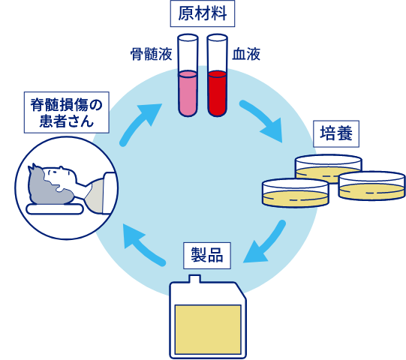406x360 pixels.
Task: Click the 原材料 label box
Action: click(203, 13)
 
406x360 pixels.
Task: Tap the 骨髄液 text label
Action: click(151, 54)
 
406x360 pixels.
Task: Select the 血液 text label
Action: click(246, 54)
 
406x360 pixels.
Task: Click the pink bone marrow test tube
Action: click(188, 75)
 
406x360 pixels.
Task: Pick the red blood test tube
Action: click(217, 75)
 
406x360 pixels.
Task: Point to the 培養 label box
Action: click(336, 133)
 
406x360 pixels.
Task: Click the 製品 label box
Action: click(207, 256)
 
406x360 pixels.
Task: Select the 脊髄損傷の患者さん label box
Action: click(67, 112)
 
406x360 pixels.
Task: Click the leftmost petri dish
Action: click(296, 193)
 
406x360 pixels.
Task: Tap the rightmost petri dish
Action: click(371, 186)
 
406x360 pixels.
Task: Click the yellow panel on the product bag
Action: click(208, 330)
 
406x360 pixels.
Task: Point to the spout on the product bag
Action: click(194, 279)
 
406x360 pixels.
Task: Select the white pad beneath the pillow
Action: click(55, 209)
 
